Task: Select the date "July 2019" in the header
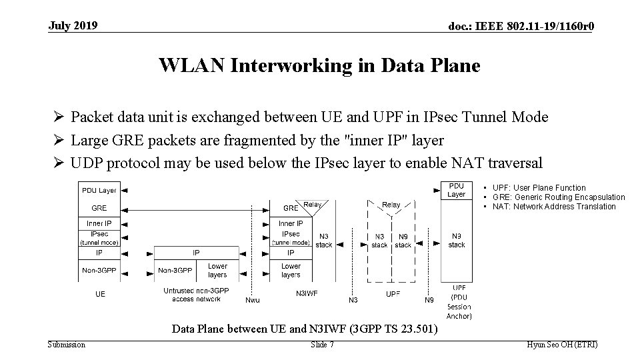coord(73,26)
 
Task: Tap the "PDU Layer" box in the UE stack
coord(99,191)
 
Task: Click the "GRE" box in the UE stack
coord(99,207)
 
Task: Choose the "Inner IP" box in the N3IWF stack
coord(291,223)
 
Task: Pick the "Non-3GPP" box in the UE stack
coord(99,270)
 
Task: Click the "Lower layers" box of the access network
coord(217,270)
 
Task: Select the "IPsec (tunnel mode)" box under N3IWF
coord(291,238)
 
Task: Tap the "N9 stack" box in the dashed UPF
coord(403,241)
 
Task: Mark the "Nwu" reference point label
coord(253,300)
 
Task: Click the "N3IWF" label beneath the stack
coord(307,293)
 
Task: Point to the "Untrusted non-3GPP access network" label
coord(196,295)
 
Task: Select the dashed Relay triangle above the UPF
coord(391,208)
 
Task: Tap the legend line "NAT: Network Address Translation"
coord(555,207)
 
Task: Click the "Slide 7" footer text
coord(323,345)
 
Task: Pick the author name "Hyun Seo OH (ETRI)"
coord(562,345)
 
